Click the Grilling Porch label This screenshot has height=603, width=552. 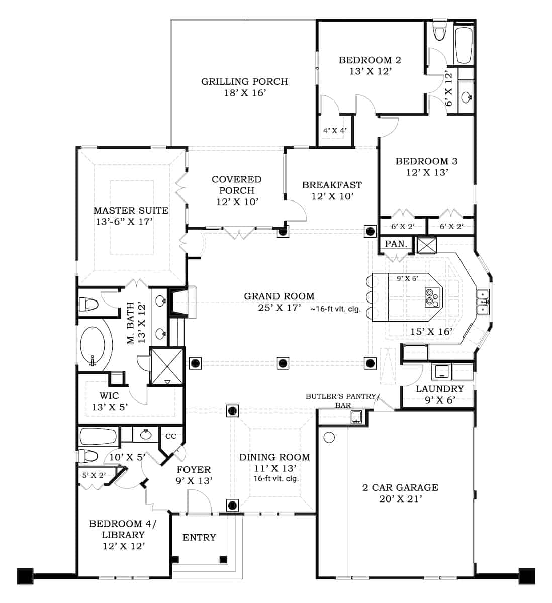pos(244,81)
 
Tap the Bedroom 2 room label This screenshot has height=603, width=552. pos(370,60)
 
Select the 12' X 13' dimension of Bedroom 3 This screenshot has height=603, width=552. pos(427,172)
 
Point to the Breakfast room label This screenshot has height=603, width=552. pos(332,185)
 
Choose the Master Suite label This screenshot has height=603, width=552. pos(131,210)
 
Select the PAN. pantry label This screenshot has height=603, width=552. pos(396,244)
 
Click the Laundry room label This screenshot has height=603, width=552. pos(439,389)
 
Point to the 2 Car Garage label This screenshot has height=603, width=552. pos(400,487)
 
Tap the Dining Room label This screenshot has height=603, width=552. pos(274,457)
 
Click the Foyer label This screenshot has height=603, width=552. pos(194,470)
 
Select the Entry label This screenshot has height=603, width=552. pos(199,538)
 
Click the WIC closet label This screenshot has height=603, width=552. pos(109,395)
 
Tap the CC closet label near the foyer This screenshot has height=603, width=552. pos(171,436)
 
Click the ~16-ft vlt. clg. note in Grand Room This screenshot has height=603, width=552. pos(336,309)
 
